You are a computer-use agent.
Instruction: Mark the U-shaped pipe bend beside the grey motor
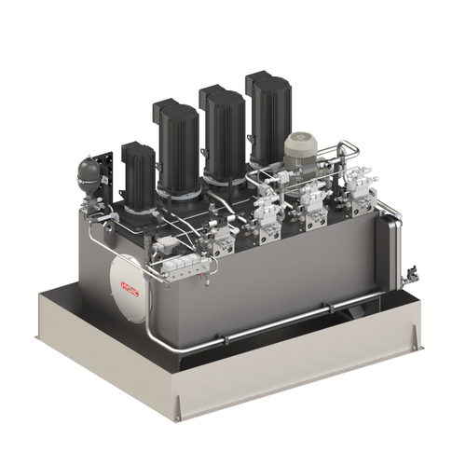(347, 150)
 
